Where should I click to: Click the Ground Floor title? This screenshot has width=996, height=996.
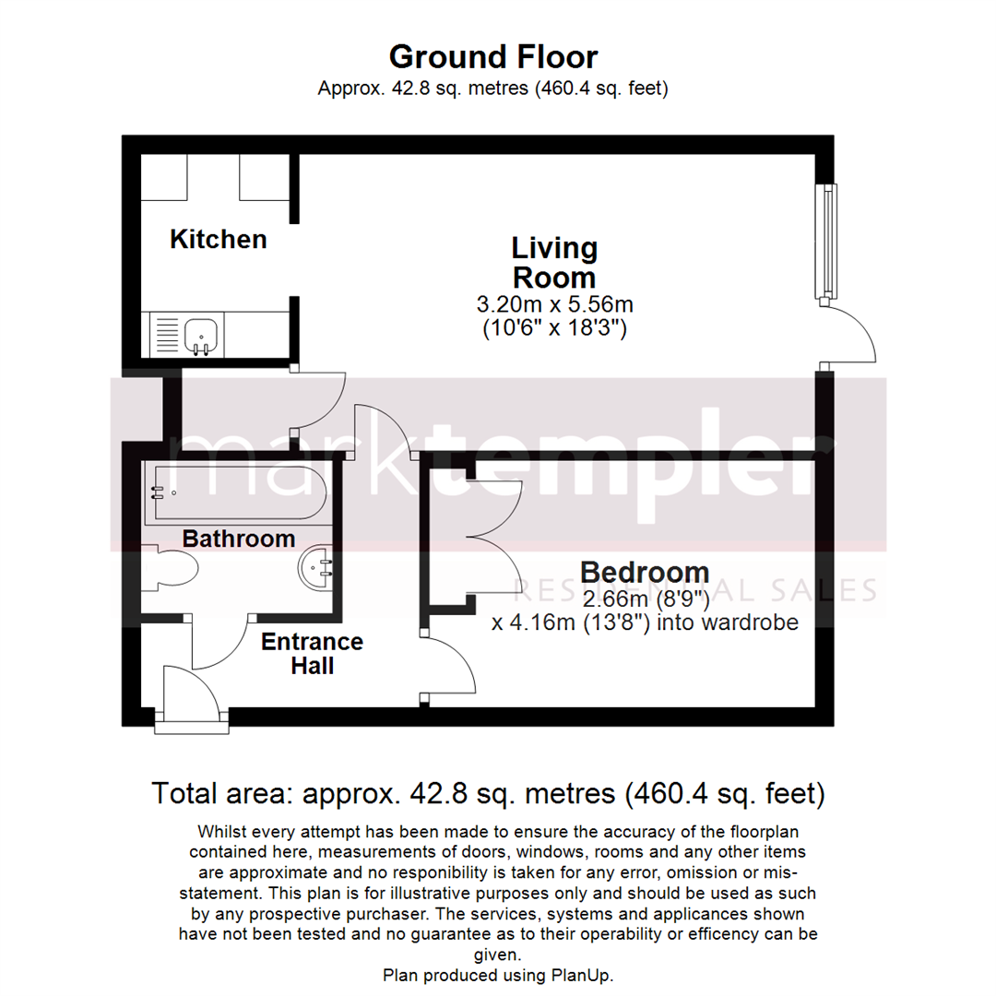[492, 57]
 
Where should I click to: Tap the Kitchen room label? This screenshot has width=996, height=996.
[219, 240]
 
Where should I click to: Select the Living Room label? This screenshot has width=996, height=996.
[554, 263]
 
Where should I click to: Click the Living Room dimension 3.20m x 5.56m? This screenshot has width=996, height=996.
[554, 304]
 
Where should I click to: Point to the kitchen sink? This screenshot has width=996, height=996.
[201, 333]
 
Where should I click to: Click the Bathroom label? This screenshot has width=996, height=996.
[239, 539]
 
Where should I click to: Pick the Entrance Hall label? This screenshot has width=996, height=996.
[312, 653]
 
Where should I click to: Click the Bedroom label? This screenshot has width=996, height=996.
[645, 572]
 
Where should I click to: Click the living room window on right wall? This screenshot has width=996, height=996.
[829, 242]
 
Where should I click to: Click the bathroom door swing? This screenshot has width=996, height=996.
[219, 641]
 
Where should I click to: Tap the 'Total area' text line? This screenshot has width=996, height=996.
[488, 793]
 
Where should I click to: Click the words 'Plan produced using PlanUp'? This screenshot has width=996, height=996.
[498, 975]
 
